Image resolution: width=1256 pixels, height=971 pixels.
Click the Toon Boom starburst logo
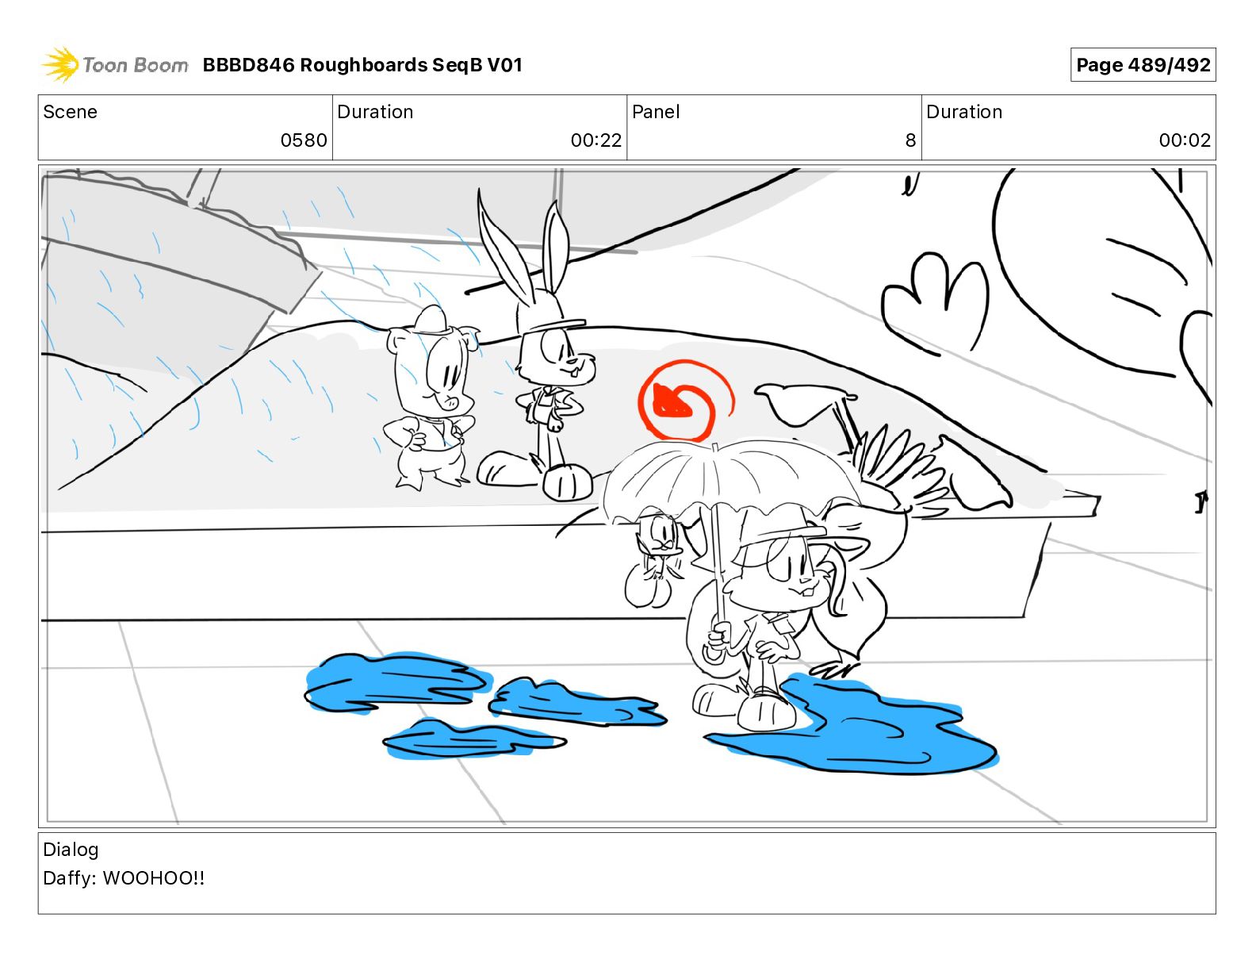(x=60, y=65)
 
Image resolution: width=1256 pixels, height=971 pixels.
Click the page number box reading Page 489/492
(x=1143, y=65)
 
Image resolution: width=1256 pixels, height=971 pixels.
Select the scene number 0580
(x=304, y=140)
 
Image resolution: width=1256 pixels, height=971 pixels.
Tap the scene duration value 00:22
(x=596, y=140)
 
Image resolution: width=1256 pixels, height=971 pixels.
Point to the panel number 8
(x=910, y=140)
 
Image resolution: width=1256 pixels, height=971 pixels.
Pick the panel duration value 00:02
(x=1185, y=140)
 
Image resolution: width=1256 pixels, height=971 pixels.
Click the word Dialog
(x=71, y=850)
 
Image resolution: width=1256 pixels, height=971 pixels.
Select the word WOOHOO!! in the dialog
(x=154, y=878)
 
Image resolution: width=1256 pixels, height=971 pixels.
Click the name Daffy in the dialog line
(x=69, y=878)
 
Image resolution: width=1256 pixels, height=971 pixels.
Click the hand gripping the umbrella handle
(x=718, y=636)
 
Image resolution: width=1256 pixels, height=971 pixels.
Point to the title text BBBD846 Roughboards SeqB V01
(x=362, y=65)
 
